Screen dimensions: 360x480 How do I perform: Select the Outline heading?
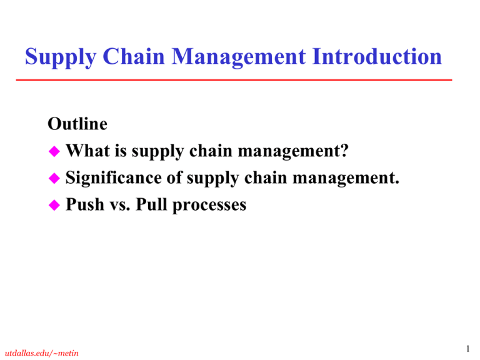77,124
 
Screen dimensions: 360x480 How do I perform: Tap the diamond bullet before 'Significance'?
54,178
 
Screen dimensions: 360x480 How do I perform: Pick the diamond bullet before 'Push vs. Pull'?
54,205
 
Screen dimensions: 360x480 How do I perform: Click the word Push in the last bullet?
82,204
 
